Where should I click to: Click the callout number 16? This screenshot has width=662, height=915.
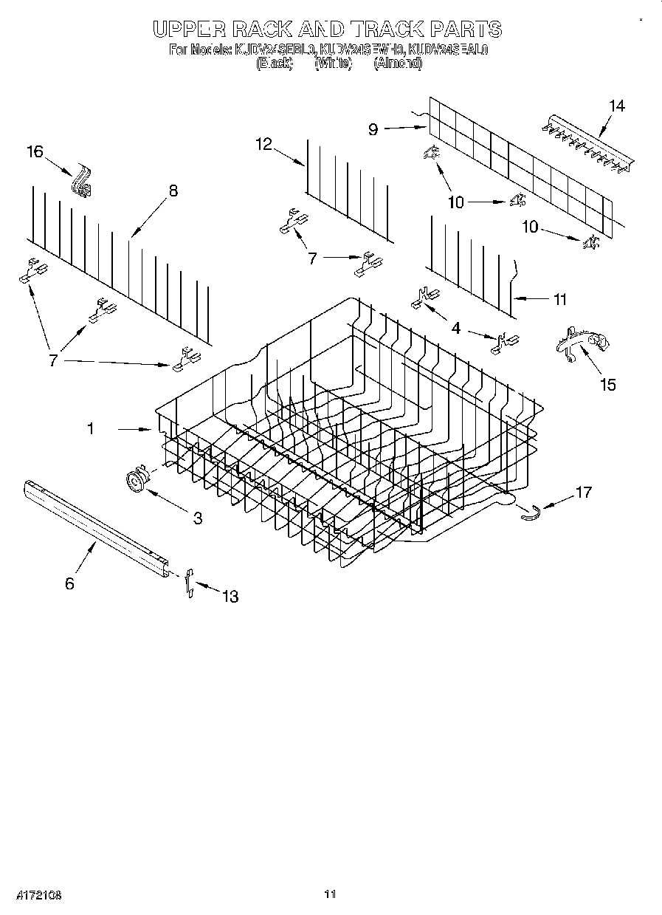click(35, 151)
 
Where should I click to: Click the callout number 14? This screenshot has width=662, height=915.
click(617, 106)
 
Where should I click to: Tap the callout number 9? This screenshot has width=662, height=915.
click(373, 129)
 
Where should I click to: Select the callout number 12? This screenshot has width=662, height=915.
click(265, 144)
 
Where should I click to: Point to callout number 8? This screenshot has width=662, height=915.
click(173, 191)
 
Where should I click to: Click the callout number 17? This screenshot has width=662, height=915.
click(583, 492)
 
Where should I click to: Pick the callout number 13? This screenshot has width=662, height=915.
click(230, 596)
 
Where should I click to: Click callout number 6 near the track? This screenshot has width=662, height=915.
click(69, 583)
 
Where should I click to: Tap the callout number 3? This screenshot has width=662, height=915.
click(198, 518)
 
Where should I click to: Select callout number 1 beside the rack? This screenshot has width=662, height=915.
click(91, 428)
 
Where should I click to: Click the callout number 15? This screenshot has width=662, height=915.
click(608, 384)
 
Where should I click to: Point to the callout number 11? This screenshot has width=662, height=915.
click(559, 299)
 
